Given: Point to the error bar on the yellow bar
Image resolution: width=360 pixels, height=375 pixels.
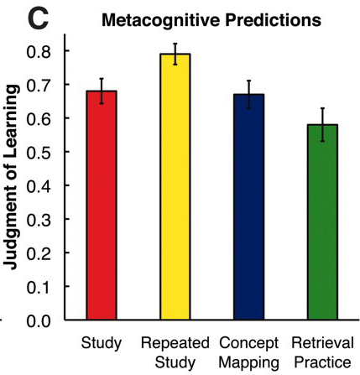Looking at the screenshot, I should coord(175,54).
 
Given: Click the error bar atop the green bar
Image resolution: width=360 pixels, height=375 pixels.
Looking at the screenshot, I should coord(321,124).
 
